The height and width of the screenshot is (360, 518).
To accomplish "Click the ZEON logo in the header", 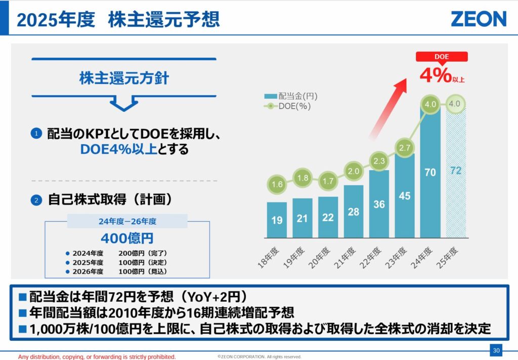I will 478,19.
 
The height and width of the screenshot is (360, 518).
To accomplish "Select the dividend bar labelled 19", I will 277,220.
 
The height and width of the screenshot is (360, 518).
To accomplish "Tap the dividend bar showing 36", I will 379,204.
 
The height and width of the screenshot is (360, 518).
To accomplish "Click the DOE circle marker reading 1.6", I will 277,184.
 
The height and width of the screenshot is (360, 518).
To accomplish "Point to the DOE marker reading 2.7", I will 405,148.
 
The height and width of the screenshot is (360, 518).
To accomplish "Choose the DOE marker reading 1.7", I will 328,180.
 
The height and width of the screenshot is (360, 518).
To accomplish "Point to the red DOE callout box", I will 442,57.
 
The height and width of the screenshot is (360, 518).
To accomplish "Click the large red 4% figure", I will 435,75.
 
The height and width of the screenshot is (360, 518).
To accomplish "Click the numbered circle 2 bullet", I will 36,200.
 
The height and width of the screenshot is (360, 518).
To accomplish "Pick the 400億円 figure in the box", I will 127,238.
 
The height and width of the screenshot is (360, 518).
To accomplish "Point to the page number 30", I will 496,350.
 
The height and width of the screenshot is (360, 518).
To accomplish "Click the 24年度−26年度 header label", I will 127,221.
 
